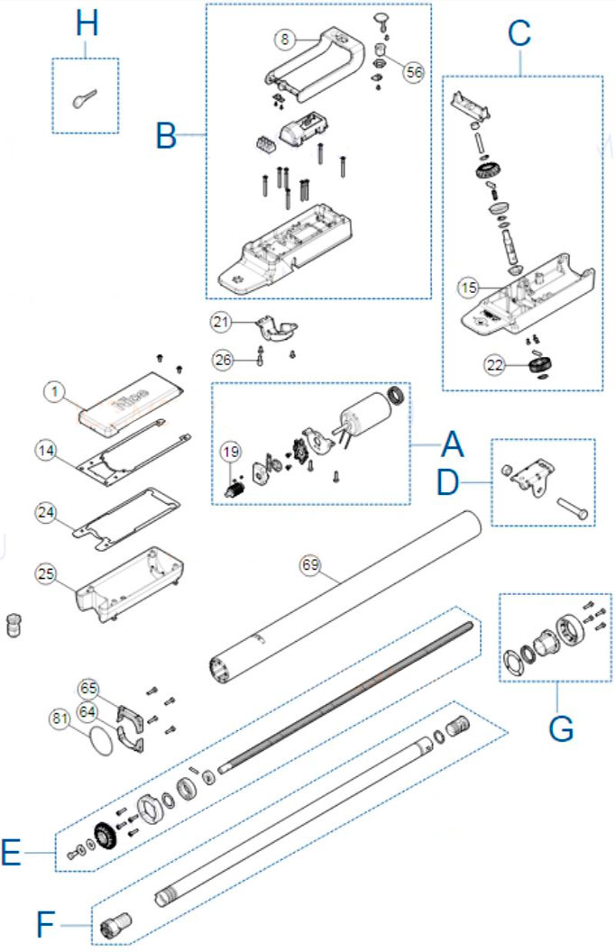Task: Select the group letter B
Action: pyautogui.click(x=166, y=136)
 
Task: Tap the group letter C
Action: pyautogui.click(x=519, y=33)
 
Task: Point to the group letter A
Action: pyautogui.click(x=452, y=444)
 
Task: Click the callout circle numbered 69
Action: pyautogui.click(x=310, y=565)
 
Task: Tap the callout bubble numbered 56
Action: pyautogui.click(x=413, y=74)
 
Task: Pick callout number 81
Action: pyautogui.click(x=60, y=719)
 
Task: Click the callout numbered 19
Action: pyautogui.click(x=231, y=453)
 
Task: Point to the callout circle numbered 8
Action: pyautogui.click(x=286, y=40)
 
